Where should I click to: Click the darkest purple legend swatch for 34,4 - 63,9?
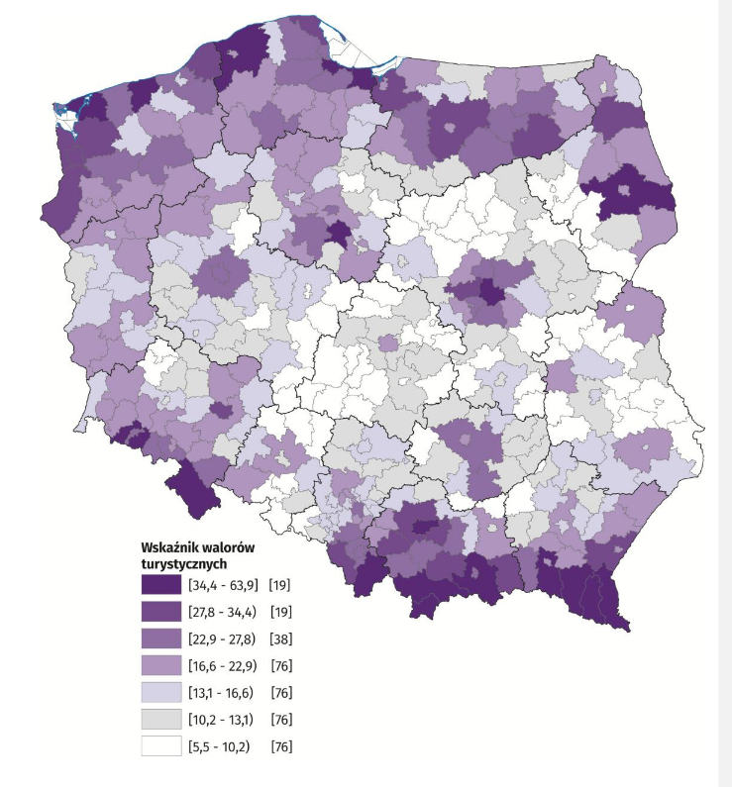point(160,585)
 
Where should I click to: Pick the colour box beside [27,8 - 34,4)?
point(160,612)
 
